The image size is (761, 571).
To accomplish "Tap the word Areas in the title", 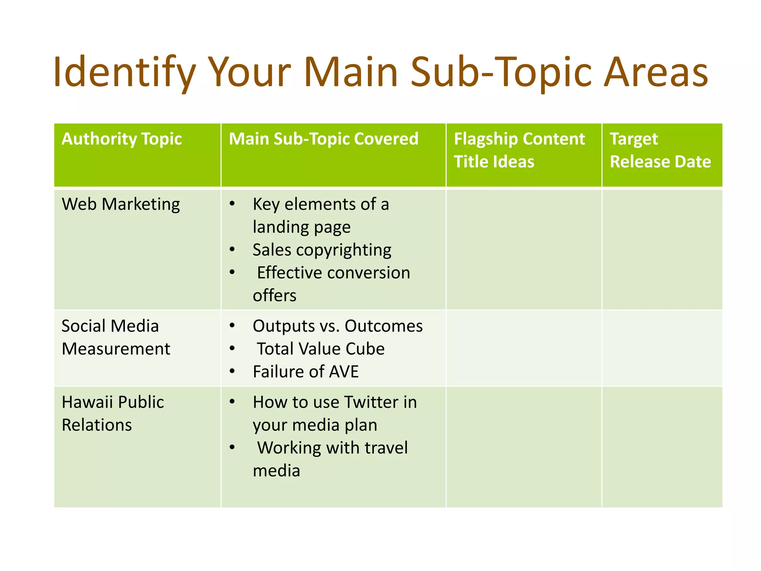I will coord(655,72).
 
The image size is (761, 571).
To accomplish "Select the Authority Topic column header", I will coord(122,139).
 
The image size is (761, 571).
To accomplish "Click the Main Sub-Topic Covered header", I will coord(323,139).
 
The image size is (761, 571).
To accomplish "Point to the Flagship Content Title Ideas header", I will coord(519,150).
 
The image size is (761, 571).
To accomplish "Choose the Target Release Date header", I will coord(660,150).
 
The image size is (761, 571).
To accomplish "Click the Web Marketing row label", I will coord(121,204).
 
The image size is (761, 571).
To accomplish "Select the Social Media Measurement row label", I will coord(116,337).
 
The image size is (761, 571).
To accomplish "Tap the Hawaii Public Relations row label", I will coord(113,413).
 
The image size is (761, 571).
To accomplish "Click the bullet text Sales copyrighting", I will coord(322,250).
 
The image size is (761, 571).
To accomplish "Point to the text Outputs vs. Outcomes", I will coord(337,326).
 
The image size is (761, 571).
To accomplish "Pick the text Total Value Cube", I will coord(321,349).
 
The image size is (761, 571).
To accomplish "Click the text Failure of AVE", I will coord(305,372).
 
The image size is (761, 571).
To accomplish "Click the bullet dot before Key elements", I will coord(232,204).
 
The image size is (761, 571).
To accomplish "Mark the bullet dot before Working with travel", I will coord(232,447).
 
